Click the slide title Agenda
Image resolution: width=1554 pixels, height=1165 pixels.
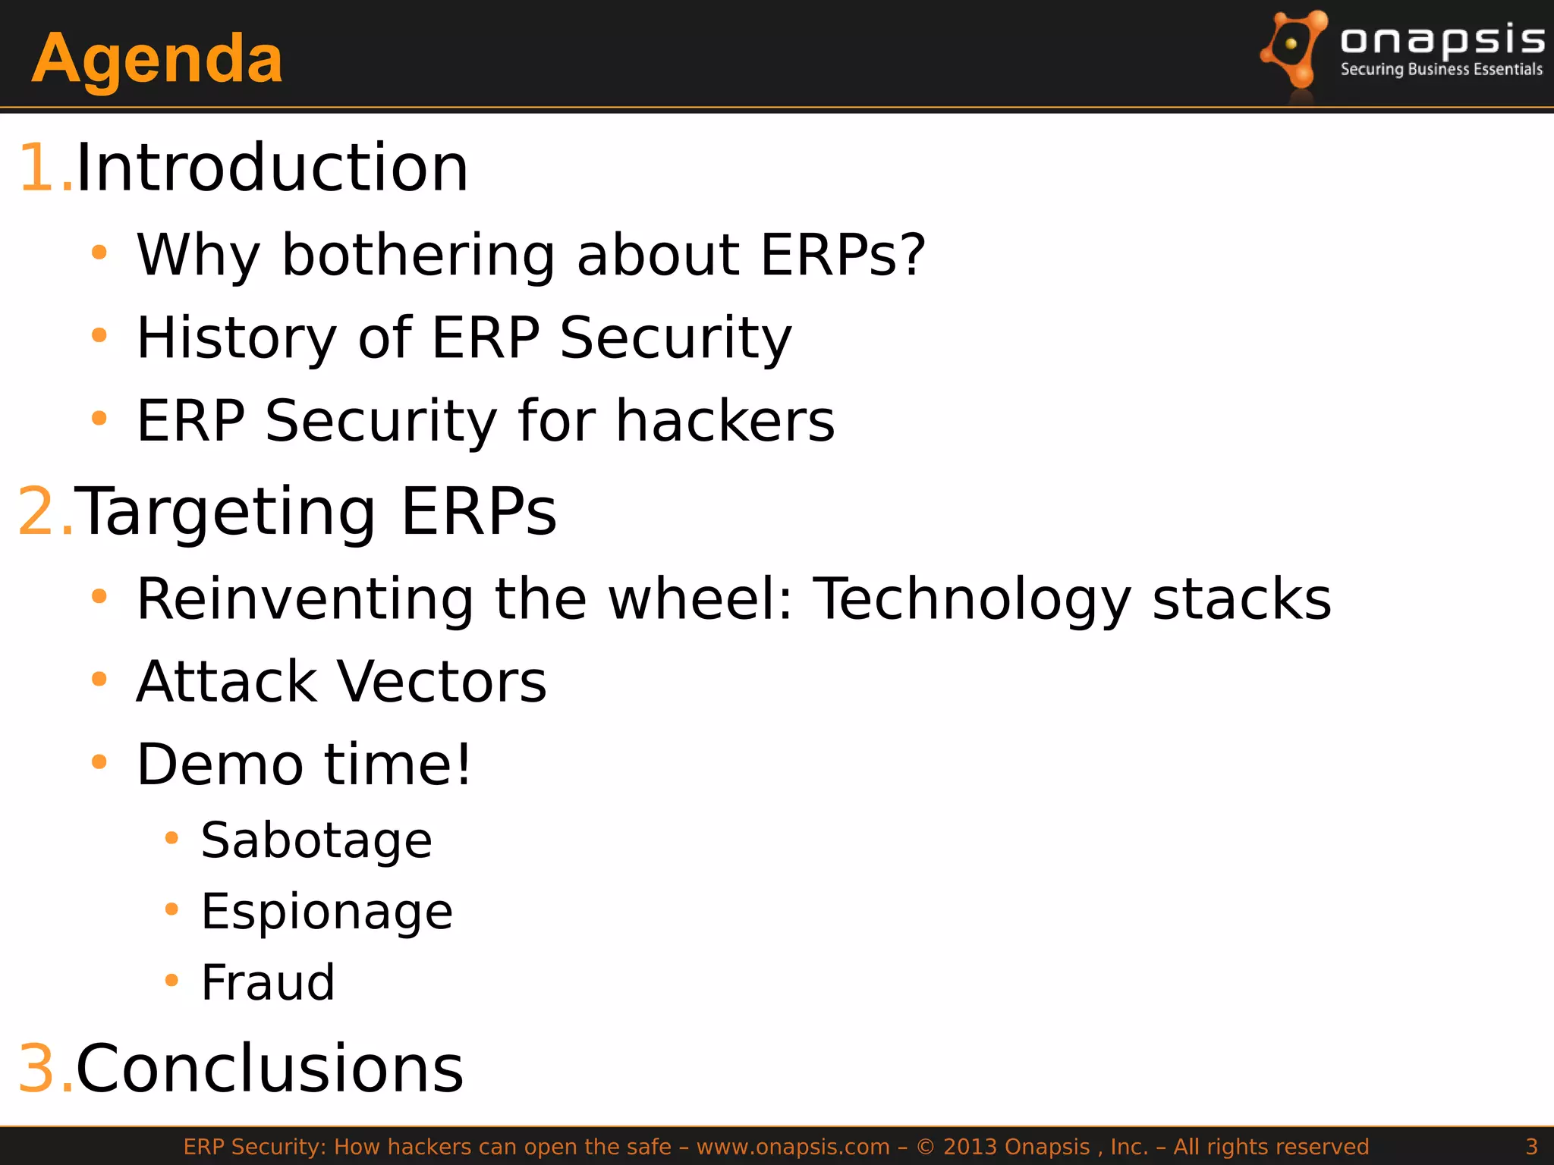point(157,59)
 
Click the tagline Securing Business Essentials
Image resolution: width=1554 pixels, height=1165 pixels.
point(1441,70)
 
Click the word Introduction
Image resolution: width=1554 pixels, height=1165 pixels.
point(272,168)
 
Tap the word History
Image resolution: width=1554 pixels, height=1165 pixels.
point(236,338)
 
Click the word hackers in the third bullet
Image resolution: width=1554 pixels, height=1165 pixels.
point(725,421)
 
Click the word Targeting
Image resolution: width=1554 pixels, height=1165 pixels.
point(225,512)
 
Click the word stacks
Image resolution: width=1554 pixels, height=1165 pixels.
point(1241,599)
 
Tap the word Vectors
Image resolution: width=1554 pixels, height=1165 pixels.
point(441,682)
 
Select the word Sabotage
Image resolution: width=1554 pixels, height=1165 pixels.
point(316,841)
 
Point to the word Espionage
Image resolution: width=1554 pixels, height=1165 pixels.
point(326,912)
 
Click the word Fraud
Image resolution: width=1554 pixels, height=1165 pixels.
point(267,983)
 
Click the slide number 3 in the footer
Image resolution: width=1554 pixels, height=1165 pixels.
point(1531,1147)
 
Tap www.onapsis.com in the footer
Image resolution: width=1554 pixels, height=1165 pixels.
point(793,1147)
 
